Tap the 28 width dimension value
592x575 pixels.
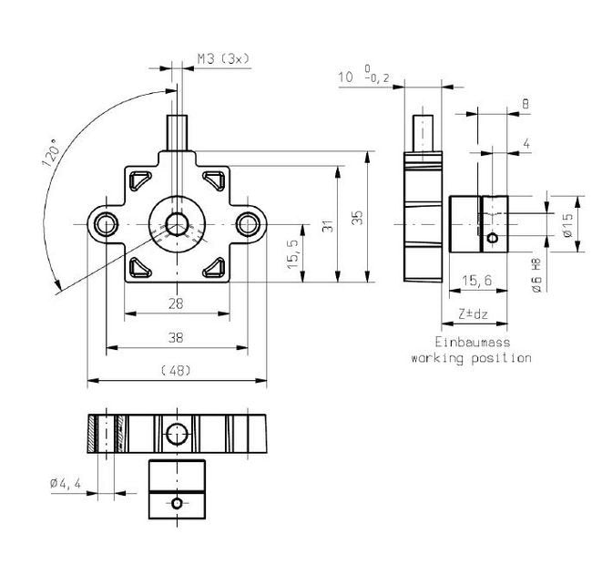[x=177, y=303]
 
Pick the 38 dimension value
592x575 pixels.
[x=177, y=337]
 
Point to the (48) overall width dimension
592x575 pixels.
[x=177, y=370]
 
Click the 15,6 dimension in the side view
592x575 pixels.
[x=476, y=282]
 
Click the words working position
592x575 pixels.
[x=470, y=358]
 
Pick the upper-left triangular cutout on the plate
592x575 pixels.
[x=141, y=180]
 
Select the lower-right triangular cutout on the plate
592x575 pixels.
[x=214, y=266]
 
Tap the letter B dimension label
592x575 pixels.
[x=526, y=105]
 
